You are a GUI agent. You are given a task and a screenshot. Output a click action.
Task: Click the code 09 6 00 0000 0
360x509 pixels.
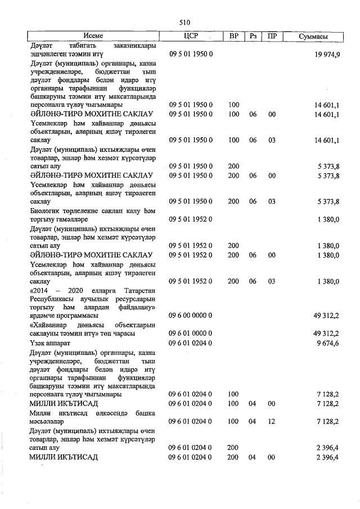[x=190, y=316]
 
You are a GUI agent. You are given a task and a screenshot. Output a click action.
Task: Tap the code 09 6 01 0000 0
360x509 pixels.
[x=190, y=334]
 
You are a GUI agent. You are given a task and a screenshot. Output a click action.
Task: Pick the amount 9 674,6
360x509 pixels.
[x=327, y=343]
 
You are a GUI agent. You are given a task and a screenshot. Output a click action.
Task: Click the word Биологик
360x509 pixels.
[x=47, y=210]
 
